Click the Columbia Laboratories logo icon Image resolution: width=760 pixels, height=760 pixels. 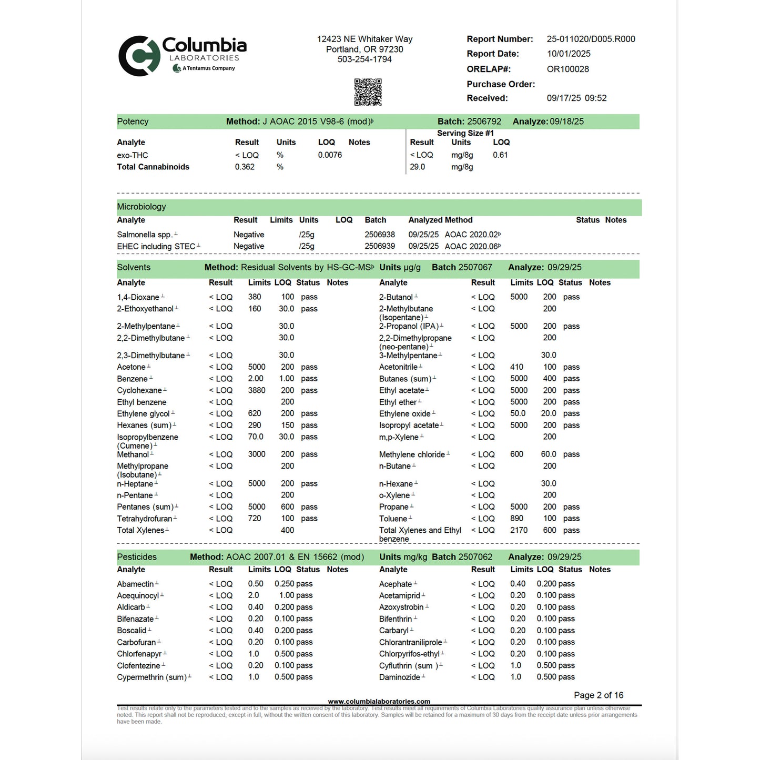click(x=139, y=56)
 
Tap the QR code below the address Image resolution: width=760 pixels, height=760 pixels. click(x=368, y=92)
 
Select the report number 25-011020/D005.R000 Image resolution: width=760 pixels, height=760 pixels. click(x=591, y=39)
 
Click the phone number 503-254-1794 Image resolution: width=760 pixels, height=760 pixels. click(x=364, y=59)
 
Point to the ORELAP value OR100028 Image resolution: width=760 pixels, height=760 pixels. click(x=568, y=69)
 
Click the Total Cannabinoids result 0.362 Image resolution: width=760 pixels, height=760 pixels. click(x=245, y=167)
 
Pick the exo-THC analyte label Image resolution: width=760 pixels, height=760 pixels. click(x=133, y=155)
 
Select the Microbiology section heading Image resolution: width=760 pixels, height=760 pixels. click(x=141, y=207)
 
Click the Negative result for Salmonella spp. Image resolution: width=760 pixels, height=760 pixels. click(x=249, y=235)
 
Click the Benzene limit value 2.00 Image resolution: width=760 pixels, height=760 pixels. click(x=256, y=379)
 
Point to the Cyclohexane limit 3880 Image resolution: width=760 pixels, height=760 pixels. click(x=257, y=390)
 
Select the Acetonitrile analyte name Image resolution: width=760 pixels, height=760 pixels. click(x=398, y=367)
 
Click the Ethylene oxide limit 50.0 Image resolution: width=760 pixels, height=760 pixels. click(x=518, y=413)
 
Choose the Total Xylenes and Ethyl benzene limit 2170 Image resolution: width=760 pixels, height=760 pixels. click(x=519, y=530)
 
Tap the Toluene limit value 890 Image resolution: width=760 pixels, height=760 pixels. click(x=516, y=519)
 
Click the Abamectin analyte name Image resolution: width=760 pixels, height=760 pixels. click(x=135, y=584)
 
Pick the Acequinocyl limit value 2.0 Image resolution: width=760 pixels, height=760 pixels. click(x=254, y=595)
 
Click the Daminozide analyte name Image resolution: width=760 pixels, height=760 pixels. click(x=399, y=677)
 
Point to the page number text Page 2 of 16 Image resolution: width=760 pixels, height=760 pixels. click(x=599, y=695)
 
